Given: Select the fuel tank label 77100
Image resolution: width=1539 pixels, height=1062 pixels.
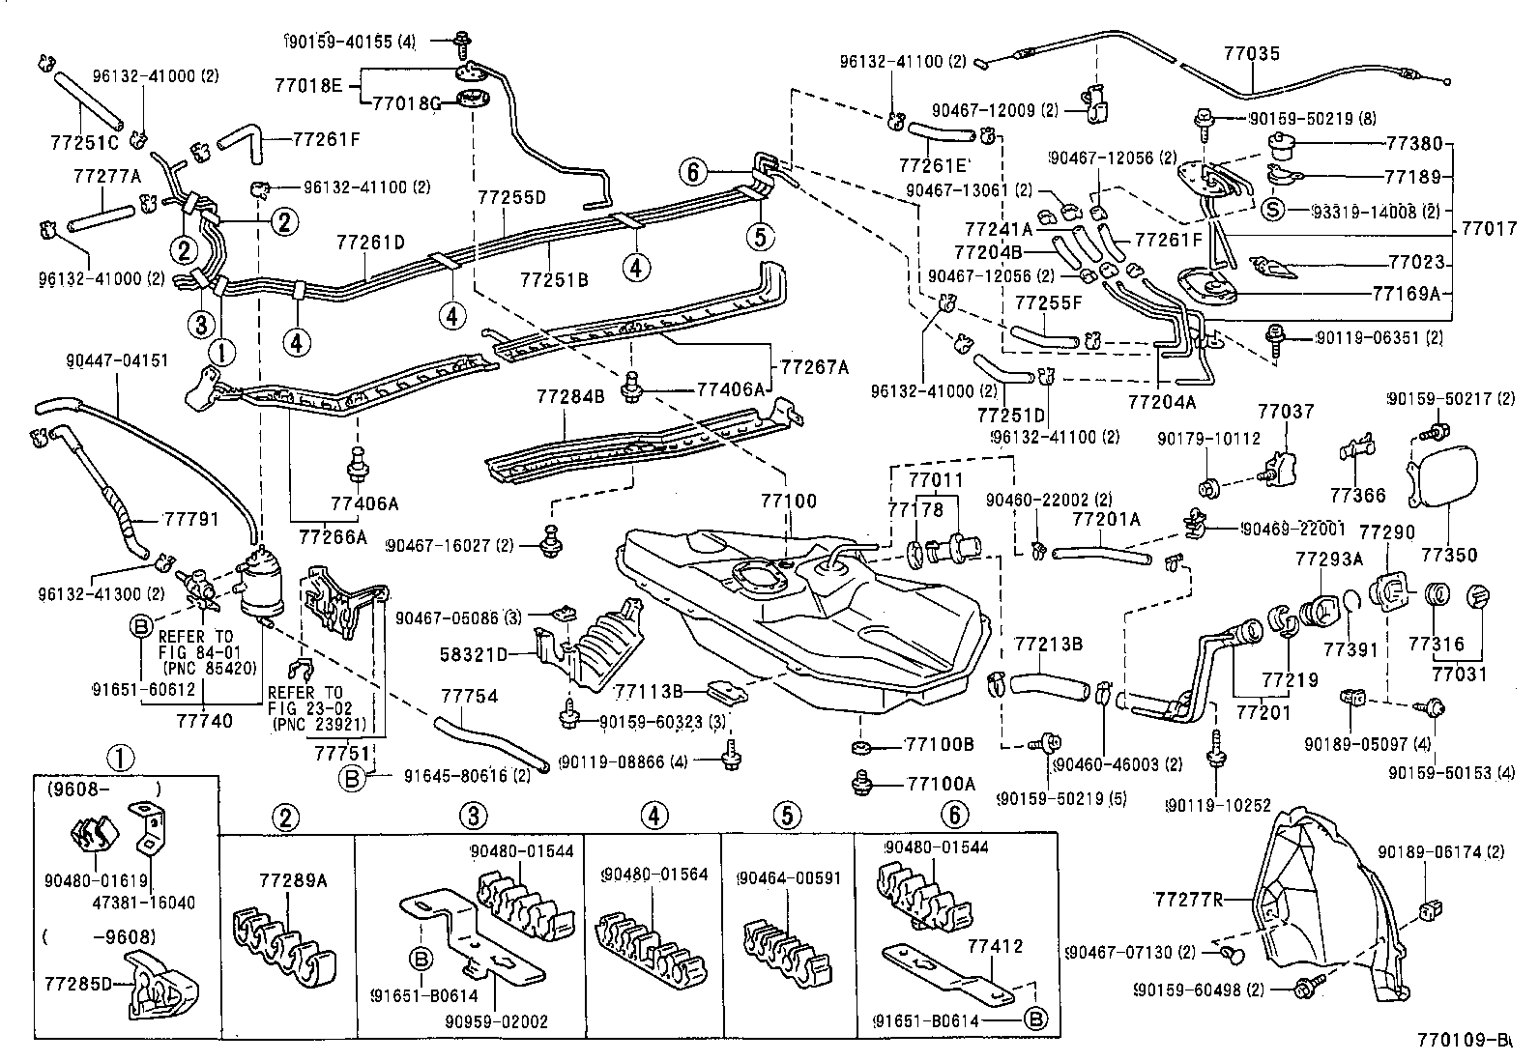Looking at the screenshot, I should [788, 502].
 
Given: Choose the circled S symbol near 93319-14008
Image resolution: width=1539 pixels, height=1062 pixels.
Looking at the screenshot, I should [1272, 210].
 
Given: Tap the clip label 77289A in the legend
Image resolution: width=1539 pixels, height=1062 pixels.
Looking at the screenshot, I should [293, 880].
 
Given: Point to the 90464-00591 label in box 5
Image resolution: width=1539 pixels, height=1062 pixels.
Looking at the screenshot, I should [788, 877].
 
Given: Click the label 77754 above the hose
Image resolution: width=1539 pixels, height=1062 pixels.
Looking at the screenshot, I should [469, 696].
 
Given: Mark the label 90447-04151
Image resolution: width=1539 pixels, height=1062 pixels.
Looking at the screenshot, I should [118, 360].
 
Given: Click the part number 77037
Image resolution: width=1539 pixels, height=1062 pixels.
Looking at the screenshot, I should [1286, 412].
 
